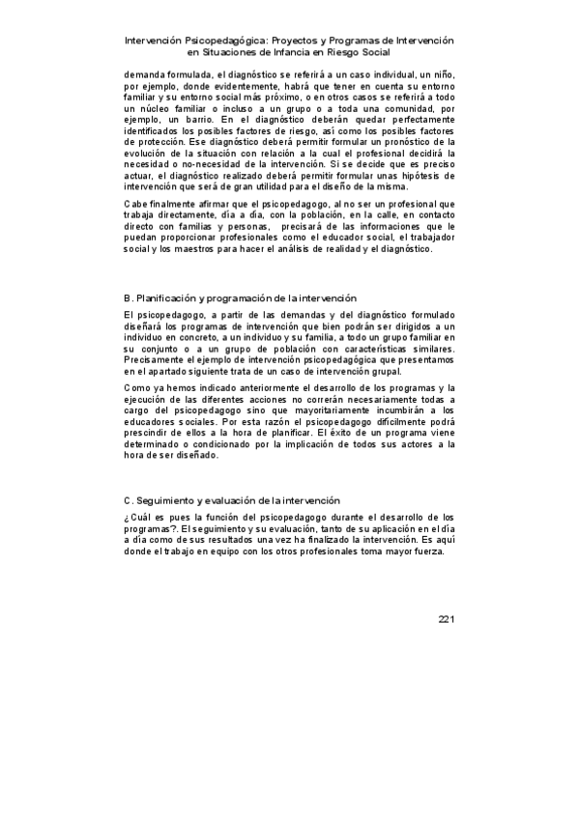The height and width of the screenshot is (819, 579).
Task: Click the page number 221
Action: [x=445, y=618]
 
